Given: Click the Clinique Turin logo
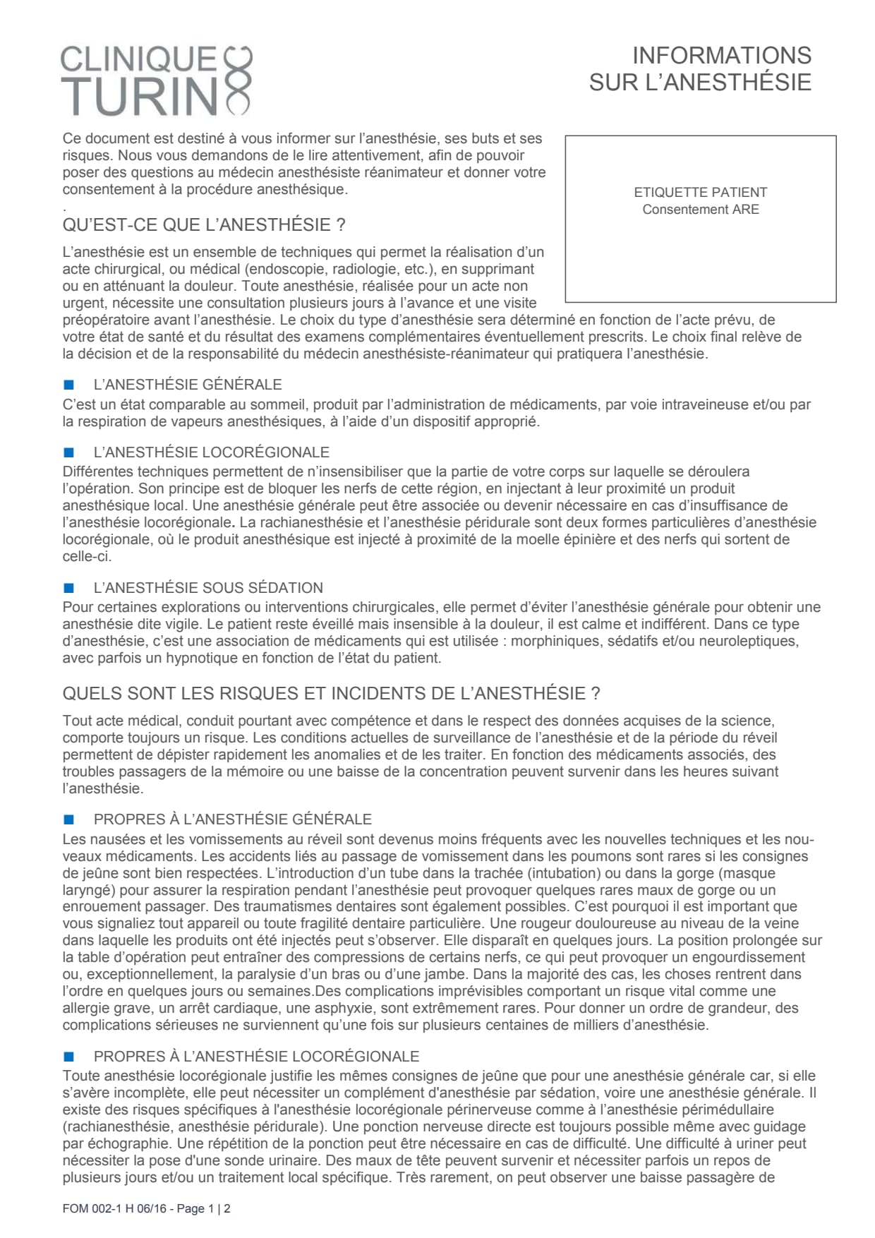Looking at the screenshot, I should (156, 80).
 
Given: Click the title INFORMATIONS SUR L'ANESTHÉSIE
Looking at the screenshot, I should (700, 68).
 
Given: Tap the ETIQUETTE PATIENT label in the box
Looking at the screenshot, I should (700, 192).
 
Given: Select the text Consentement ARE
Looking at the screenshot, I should (700, 210).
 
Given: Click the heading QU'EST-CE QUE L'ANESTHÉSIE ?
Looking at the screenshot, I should (204, 225).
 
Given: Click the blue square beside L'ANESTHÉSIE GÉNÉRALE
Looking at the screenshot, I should (68, 385).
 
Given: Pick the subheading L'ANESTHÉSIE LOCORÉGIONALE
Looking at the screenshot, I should (211, 452).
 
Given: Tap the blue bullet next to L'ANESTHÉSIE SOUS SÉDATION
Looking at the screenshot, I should (68, 588).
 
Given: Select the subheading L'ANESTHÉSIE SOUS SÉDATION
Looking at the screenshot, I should (208, 588).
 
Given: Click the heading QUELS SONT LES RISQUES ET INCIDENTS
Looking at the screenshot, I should (331, 693).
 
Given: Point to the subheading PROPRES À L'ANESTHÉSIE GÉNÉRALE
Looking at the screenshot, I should (232, 819).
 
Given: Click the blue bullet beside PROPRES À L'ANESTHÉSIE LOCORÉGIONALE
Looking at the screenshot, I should (68, 1057).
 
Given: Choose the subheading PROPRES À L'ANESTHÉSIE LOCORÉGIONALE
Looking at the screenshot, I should (256, 1057).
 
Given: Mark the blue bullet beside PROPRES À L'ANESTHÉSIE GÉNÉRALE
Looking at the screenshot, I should (68, 819).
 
